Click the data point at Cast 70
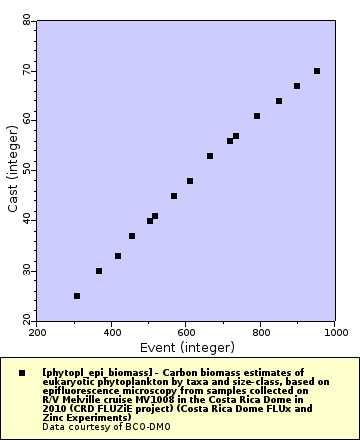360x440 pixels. point(317,71)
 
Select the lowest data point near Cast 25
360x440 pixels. point(77,296)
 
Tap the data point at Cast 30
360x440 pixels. point(99,271)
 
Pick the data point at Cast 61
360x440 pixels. point(257,116)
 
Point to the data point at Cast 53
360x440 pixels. point(210,156)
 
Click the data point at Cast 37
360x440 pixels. point(132,236)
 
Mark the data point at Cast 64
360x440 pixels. point(279,101)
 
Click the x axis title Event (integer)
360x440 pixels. point(186,346)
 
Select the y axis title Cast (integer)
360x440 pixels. point(12,171)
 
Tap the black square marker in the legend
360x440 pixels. point(22,372)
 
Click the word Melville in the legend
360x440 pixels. point(82,399)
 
